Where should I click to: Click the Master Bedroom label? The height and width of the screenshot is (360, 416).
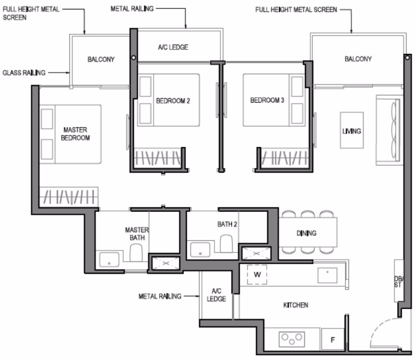75,134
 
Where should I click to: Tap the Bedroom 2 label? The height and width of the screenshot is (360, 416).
173,101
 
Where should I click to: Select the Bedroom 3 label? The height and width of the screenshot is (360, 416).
267,100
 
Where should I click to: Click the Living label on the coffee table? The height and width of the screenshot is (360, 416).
352,131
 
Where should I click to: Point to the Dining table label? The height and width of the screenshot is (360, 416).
307,233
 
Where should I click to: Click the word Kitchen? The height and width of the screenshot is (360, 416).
295,305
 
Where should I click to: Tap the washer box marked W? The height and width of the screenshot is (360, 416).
257,274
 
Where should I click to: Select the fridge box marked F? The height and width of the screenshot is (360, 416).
333,340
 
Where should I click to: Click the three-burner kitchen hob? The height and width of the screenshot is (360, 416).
292,339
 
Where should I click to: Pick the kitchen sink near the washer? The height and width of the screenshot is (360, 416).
327,275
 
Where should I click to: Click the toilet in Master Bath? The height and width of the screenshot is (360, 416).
136,252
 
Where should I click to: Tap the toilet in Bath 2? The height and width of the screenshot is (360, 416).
226,243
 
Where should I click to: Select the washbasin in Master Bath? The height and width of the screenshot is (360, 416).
109,260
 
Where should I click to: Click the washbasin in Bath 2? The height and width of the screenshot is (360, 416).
200,249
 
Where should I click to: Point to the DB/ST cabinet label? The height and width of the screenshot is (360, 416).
398,282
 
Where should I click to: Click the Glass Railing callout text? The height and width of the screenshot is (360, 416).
24,72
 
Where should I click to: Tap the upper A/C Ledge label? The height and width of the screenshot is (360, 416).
173,47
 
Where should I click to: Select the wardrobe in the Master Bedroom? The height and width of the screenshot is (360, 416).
69,197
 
